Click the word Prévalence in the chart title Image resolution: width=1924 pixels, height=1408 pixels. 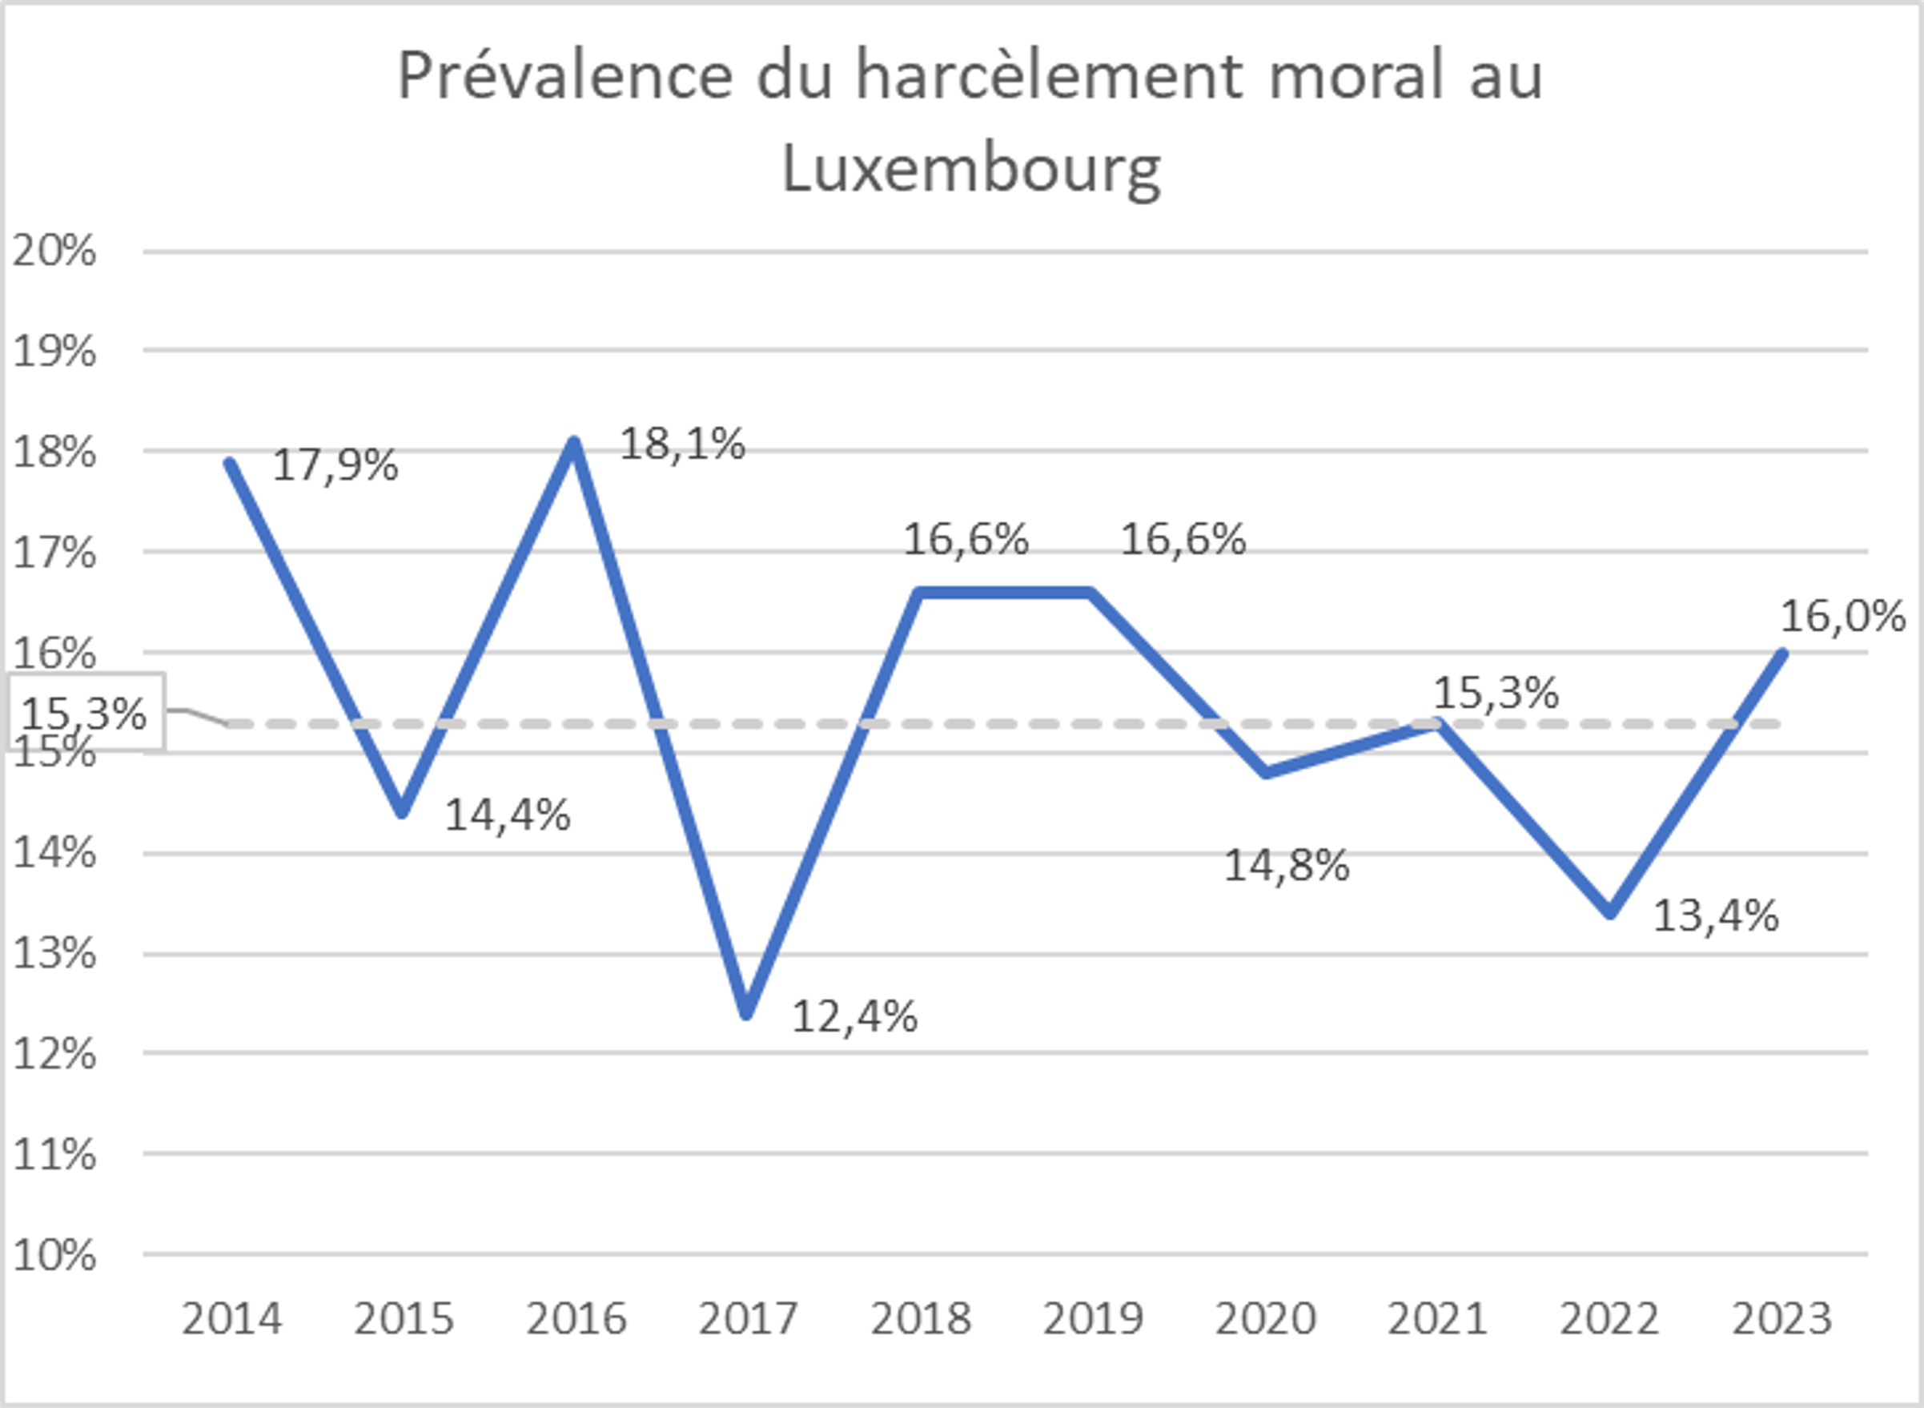click(x=564, y=77)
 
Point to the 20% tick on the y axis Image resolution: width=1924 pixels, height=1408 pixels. click(x=54, y=251)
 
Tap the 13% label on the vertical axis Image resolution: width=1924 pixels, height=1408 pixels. click(x=54, y=954)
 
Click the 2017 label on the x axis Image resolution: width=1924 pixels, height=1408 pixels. click(x=747, y=1319)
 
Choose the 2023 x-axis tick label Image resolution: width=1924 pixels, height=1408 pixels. click(x=1781, y=1319)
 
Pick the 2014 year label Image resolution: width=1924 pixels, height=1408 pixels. click(x=231, y=1319)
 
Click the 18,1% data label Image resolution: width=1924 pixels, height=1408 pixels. click(x=681, y=444)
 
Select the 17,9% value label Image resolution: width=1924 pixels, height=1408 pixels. click(x=335, y=465)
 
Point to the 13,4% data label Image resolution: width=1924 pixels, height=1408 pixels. click(x=1715, y=916)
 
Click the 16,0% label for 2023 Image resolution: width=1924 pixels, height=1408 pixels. click(x=1842, y=615)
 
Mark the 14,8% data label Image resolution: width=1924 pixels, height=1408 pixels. click(x=1287, y=866)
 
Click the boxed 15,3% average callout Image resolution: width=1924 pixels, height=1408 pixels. click(x=84, y=713)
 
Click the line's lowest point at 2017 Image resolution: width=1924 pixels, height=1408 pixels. click(x=746, y=1012)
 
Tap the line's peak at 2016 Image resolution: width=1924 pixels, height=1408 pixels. click(x=574, y=442)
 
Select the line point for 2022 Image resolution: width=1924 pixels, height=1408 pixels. click(x=1609, y=913)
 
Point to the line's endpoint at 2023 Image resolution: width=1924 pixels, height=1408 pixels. click(x=1781, y=654)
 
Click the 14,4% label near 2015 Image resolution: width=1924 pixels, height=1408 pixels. click(x=508, y=815)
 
